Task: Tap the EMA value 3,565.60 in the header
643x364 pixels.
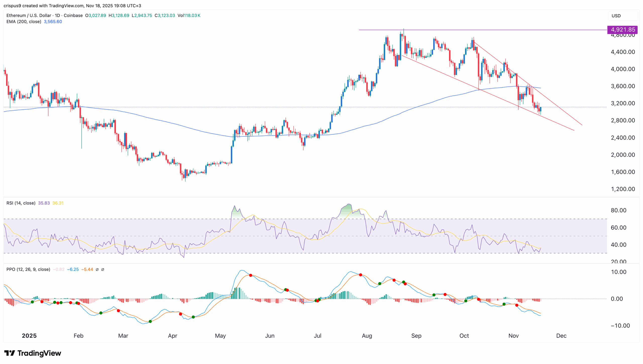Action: click(x=53, y=22)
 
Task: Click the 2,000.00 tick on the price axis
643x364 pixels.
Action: click(x=623, y=155)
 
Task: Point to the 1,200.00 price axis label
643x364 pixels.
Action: click(x=623, y=189)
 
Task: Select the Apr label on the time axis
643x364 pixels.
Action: click(x=173, y=336)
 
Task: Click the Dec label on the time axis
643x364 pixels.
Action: click(x=561, y=336)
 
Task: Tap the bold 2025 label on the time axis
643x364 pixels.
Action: click(x=29, y=336)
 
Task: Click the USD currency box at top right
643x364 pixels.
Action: click(x=616, y=16)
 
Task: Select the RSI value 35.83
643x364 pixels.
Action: click(x=44, y=203)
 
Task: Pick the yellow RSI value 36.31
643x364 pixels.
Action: click(x=58, y=203)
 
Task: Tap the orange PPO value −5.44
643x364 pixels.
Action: click(x=87, y=269)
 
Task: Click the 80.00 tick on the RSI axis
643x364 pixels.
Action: click(x=618, y=210)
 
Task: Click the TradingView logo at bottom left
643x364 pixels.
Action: click(x=33, y=353)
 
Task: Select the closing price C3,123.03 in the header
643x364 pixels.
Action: click(x=165, y=15)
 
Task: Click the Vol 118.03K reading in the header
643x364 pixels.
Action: click(x=189, y=15)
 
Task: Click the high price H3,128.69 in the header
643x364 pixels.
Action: click(x=119, y=15)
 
